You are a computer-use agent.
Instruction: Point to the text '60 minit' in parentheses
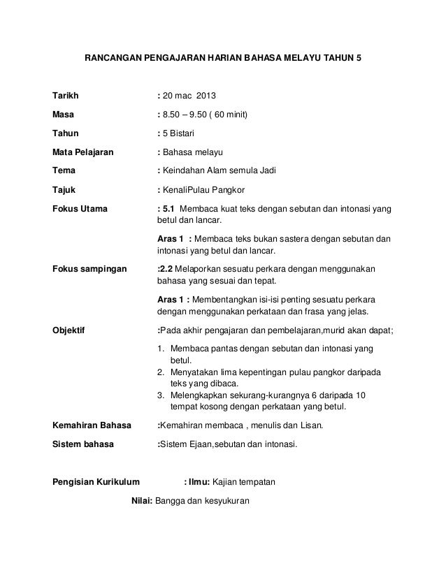pos(232,114)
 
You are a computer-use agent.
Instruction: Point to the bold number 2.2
pos(168,268)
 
